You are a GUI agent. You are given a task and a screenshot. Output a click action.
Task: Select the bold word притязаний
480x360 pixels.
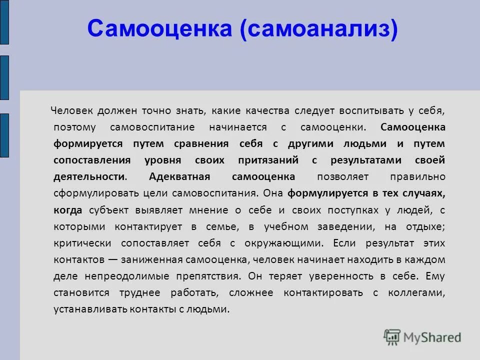[x=270, y=160]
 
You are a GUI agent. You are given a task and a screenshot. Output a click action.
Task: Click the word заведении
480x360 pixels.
[x=344, y=226]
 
